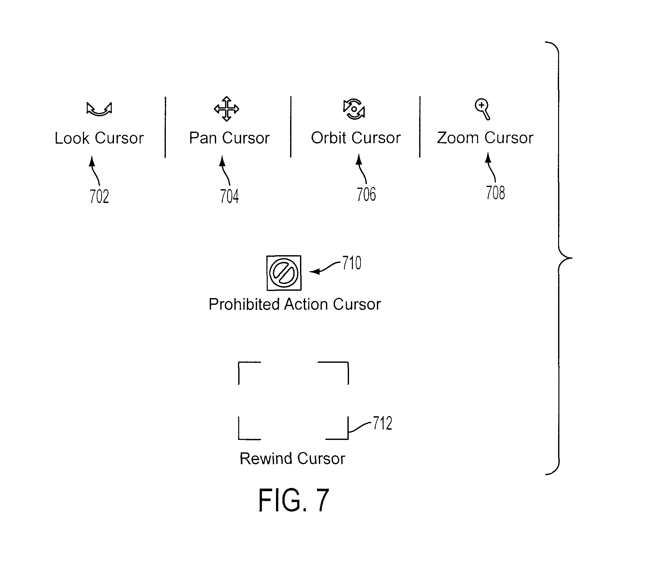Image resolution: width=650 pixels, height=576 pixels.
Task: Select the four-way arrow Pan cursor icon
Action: pyautogui.click(x=226, y=109)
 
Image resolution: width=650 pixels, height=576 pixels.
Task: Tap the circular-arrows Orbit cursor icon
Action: pyautogui.click(x=354, y=109)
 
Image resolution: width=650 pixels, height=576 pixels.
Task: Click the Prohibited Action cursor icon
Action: pyautogui.click(x=284, y=273)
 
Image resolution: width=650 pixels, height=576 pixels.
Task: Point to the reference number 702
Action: pyautogui.click(x=99, y=197)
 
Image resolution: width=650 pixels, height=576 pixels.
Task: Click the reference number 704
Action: pyautogui.click(x=229, y=196)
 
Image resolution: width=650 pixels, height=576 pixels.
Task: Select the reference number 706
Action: pyautogui.click(x=366, y=194)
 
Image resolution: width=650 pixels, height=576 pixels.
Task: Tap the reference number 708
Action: pyautogui.click(x=495, y=193)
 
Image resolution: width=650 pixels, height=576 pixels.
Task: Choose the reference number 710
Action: pyautogui.click(x=352, y=263)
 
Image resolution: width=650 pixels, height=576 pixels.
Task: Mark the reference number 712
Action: pyautogui.click(x=382, y=423)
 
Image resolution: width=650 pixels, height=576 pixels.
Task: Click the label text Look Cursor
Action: pyautogui.click(x=99, y=138)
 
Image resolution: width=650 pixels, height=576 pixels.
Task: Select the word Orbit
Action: pyautogui.click(x=329, y=138)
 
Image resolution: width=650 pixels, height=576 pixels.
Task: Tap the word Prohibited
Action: pyautogui.click(x=244, y=304)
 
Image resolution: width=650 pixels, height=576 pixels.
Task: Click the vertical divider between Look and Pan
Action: pyautogui.click(x=165, y=127)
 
